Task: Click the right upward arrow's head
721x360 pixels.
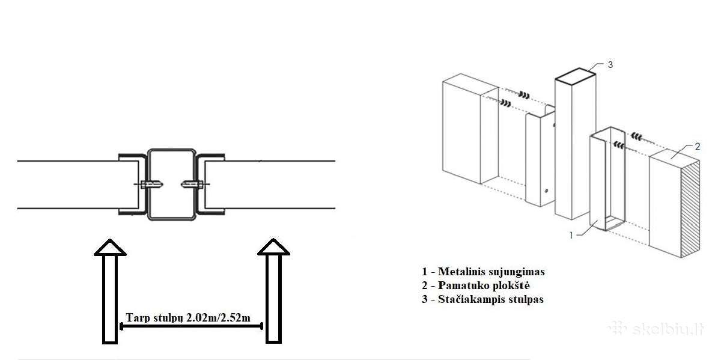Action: [x=273, y=247]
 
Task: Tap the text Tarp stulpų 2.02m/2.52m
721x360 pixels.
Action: [x=188, y=318]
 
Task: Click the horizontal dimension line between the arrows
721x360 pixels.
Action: [x=191, y=326]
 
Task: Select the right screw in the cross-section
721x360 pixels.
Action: [x=195, y=185]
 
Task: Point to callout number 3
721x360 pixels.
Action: [x=610, y=65]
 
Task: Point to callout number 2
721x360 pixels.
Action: [x=697, y=147]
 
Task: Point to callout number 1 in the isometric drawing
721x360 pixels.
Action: [x=571, y=236]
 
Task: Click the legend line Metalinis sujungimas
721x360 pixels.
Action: [x=484, y=272]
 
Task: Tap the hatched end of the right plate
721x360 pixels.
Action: [x=691, y=209]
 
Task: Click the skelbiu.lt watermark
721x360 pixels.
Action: [x=657, y=329]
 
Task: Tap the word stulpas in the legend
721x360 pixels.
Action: [x=526, y=300]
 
